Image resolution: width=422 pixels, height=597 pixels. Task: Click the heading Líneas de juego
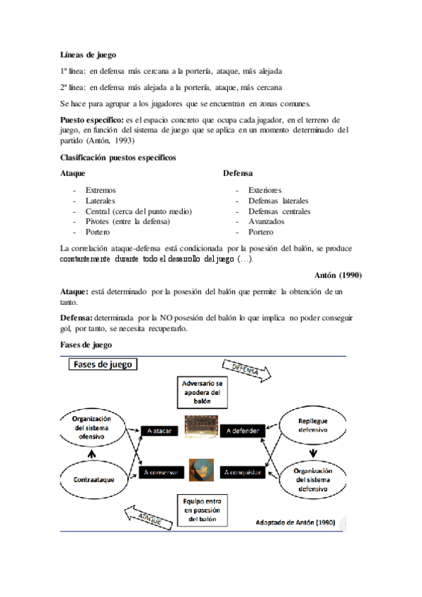[x=89, y=54]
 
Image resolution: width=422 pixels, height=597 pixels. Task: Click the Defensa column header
[x=238, y=172]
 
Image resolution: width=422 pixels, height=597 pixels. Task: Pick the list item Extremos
[x=101, y=190]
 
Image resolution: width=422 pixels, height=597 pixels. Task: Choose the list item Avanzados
[x=267, y=221]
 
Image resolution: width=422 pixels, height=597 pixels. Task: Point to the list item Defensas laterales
[x=279, y=201]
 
